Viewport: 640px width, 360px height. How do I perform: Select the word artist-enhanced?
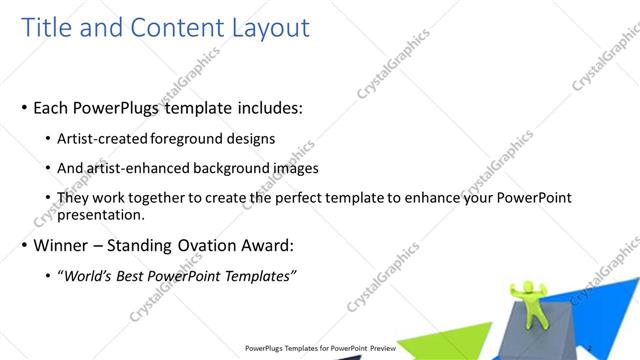pyautogui.click(x=139, y=169)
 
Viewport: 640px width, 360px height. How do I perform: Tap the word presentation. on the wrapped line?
pyautogui.click(x=102, y=214)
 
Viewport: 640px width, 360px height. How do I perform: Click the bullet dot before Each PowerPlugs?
pyautogui.click(x=23, y=108)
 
